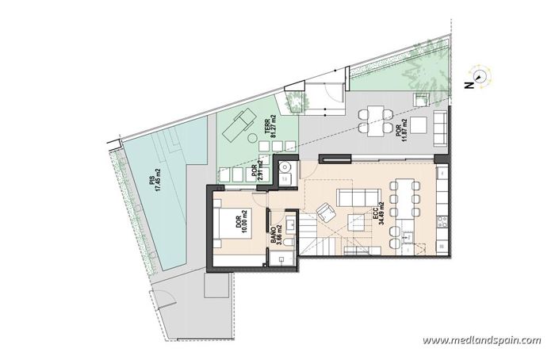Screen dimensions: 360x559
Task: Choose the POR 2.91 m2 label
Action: click(258, 172)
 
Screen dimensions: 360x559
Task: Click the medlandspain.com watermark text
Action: click(482, 341)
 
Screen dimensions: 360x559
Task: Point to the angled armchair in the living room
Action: click(325, 212)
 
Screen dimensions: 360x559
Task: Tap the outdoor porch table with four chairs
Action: click(375, 121)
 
